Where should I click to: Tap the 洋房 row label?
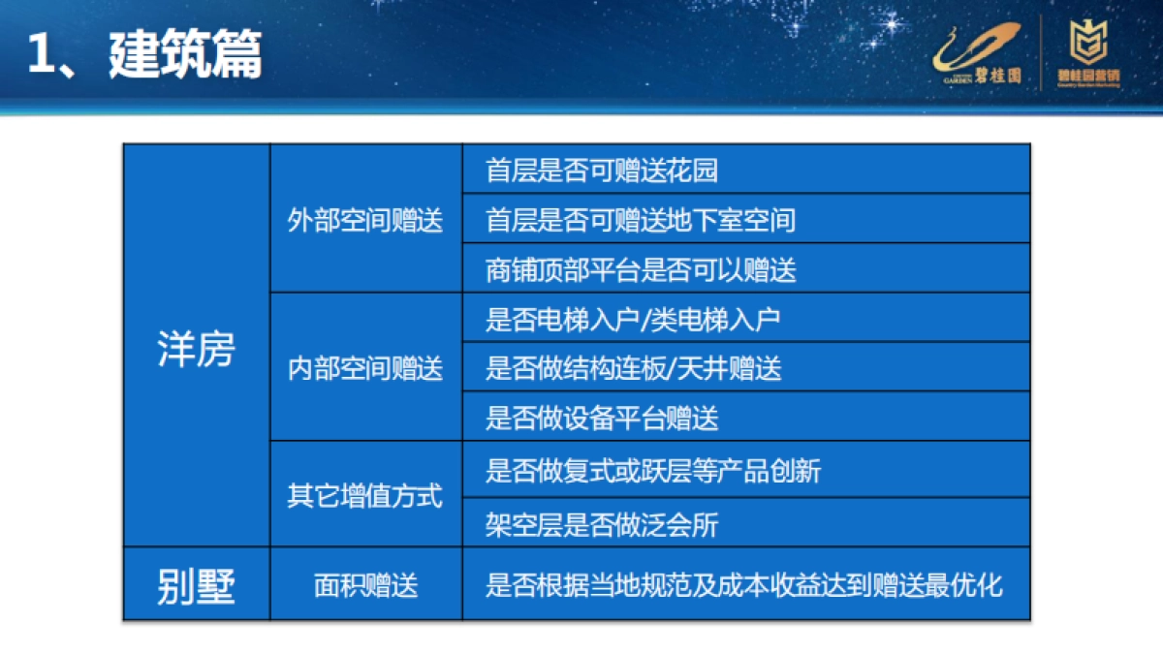click(x=196, y=350)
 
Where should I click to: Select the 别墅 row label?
click(x=196, y=586)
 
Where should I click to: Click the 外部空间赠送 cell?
click(x=365, y=220)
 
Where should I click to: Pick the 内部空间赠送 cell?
click(x=365, y=368)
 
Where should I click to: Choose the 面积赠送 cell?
click(x=365, y=586)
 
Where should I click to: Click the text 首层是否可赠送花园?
click(x=602, y=171)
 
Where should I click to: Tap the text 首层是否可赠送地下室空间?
click(x=640, y=220)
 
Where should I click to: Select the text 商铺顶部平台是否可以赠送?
click(x=641, y=270)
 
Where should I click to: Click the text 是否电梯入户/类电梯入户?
click(x=633, y=319)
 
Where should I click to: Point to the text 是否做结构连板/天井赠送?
click(x=633, y=368)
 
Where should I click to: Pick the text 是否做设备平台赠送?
click(x=602, y=419)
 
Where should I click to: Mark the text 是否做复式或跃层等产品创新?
click(x=653, y=471)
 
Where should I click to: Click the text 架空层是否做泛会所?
click(x=602, y=525)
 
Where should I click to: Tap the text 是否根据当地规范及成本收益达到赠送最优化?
click(x=743, y=586)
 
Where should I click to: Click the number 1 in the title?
click(x=41, y=56)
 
